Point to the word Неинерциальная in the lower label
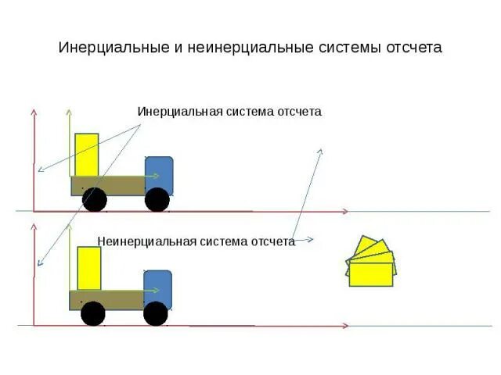pyautogui.click(x=146, y=241)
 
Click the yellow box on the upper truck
pyautogui.click(x=87, y=155)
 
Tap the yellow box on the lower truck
pyautogui.click(x=89, y=268)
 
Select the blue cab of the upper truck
pyautogui.click(x=159, y=173)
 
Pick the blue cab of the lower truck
pyautogui.click(x=157, y=286)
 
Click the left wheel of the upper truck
pyautogui.click(x=95, y=199)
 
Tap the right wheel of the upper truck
pyautogui.click(x=157, y=200)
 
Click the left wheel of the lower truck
pyautogui.click(x=93, y=314)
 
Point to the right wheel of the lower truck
pyautogui.click(x=156, y=313)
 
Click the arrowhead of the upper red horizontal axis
pyautogui.click(x=345, y=211)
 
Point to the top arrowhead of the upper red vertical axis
pyautogui.click(x=34, y=112)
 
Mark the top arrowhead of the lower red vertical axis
pyautogui.click(x=34, y=225)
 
